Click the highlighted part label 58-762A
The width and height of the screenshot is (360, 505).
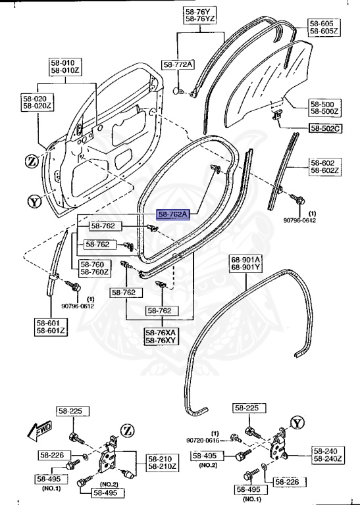pyautogui.click(x=173, y=214)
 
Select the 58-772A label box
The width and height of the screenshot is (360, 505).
pyautogui.click(x=178, y=64)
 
